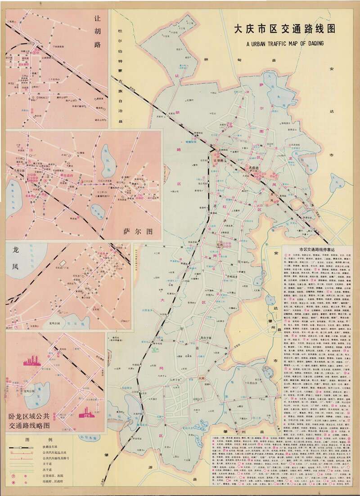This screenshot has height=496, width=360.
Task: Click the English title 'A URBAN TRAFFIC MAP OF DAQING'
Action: [x=292, y=44]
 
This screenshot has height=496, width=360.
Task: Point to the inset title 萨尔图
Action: [x=138, y=232]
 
